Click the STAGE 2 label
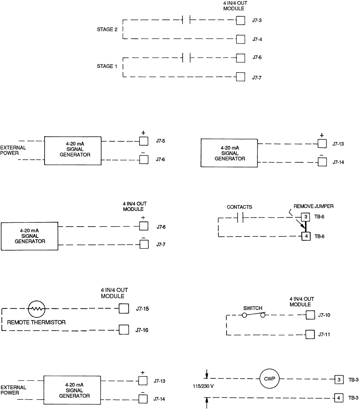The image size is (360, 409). click(x=107, y=30)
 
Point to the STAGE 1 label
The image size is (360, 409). click(x=107, y=66)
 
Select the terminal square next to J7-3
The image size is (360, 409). click(x=240, y=20)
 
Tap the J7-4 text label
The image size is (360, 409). click(x=257, y=39)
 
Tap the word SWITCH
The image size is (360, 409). click(x=252, y=308)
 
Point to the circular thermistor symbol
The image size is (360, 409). click(x=37, y=308)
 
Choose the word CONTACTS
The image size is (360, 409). click(x=240, y=207)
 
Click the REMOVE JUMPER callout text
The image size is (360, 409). click(x=314, y=206)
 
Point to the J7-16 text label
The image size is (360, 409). click(x=142, y=330)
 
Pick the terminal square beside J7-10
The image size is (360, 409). click(x=310, y=315)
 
